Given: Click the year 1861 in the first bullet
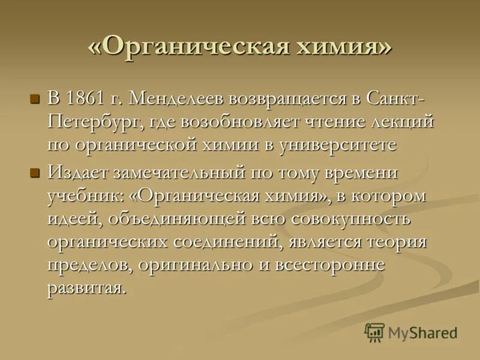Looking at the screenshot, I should (85, 98).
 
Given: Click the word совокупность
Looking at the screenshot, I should (351, 219).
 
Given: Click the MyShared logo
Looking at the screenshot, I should (411, 332).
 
